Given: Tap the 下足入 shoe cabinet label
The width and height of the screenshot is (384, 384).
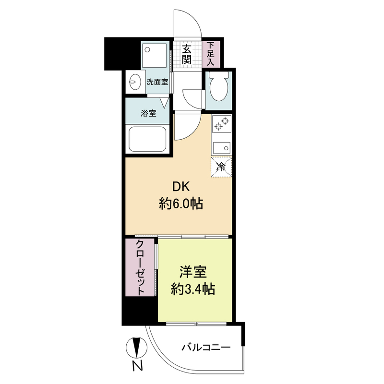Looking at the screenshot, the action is pyautogui.click(x=210, y=54).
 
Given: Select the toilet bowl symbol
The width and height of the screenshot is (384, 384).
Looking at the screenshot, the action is pyautogui.click(x=219, y=86).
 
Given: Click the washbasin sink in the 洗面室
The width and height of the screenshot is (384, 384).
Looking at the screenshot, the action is pyautogui.click(x=135, y=81).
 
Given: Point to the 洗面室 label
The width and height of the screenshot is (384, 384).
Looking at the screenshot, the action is pyautogui.click(x=157, y=82).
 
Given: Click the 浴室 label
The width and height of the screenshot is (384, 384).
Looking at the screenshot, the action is pyautogui.click(x=148, y=113).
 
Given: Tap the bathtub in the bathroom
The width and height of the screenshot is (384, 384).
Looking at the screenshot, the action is pyautogui.click(x=147, y=139).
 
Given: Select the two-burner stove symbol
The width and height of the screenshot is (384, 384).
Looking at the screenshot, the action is pyautogui.click(x=222, y=124).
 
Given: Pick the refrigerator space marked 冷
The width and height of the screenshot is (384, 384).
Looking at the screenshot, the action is pyautogui.click(x=221, y=167).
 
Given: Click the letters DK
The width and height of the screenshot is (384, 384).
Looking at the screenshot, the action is pyautogui.click(x=181, y=187).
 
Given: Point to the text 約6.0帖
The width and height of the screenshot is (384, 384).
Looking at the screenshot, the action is pyautogui.click(x=181, y=204).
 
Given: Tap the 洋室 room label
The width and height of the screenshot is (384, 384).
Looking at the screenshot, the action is pyautogui.click(x=193, y=272).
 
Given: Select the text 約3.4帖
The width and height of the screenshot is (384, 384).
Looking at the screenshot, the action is pyautogui.click(x=193, y=289).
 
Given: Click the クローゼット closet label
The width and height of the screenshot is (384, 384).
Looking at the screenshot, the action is pyautogui.click(x=140, y=267).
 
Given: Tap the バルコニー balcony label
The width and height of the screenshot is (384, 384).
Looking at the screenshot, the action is pyautogui.click(x=206, y=348).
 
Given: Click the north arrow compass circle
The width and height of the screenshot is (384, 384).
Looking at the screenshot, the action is pyautogui.click(x=137, y=347).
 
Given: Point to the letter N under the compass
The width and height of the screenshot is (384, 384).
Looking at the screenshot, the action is pyautogui.click(x=138, y=366).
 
